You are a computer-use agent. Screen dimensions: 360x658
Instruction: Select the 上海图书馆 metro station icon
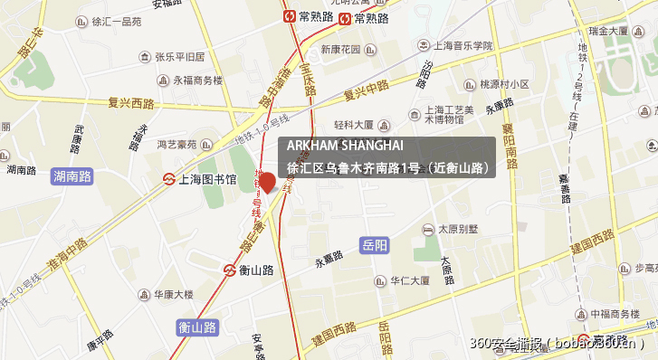tap(168, 179)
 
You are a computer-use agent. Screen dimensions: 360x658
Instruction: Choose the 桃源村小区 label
tap(504, 84)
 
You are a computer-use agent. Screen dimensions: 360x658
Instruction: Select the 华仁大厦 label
tap(409, 280)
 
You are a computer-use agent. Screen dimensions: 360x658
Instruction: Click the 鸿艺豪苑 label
tap(176, 143)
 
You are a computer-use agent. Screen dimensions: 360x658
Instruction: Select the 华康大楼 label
tap(173, 294)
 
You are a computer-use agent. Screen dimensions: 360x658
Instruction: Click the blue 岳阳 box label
tap(375, 245)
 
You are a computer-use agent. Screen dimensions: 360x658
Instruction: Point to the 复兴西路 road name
tap(130, 102)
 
